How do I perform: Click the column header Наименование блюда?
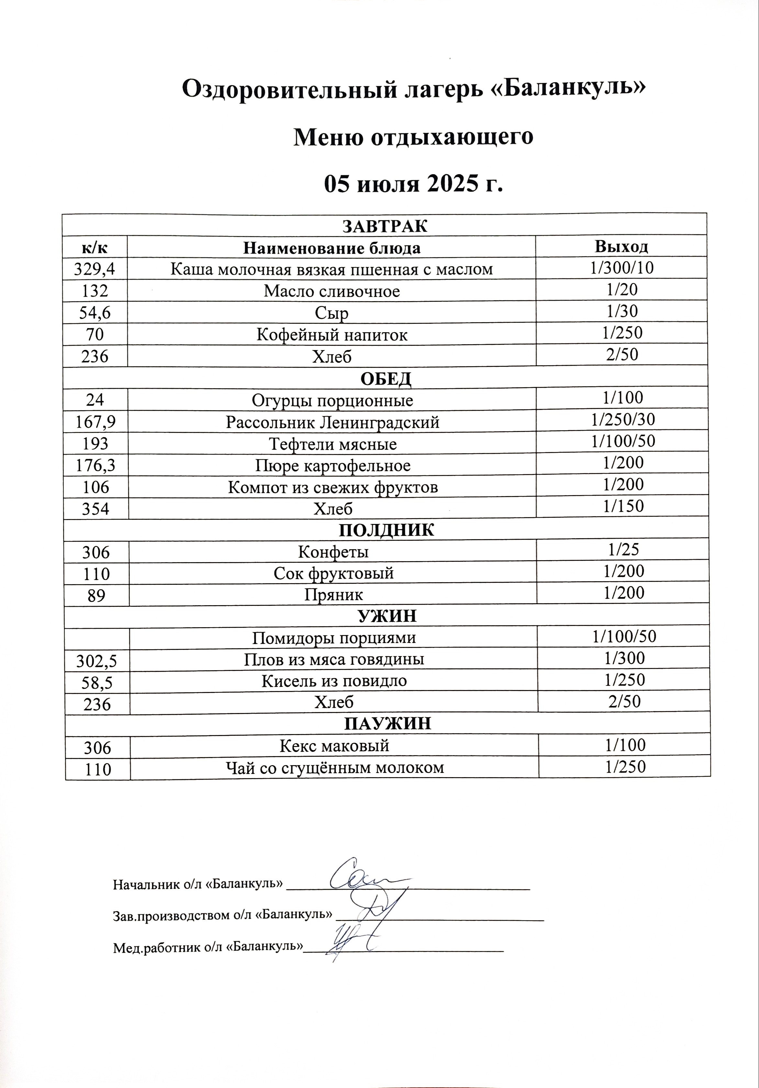click(332, 248)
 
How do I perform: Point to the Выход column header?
click(621, 246)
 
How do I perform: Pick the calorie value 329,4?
click(95, 269)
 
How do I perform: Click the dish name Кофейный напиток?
click(332, 335)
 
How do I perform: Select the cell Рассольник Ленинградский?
click(333, 422)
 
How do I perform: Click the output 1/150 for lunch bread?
click(623, 506)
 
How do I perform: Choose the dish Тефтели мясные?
click(333, 444)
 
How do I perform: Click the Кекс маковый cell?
click(334, 746)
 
